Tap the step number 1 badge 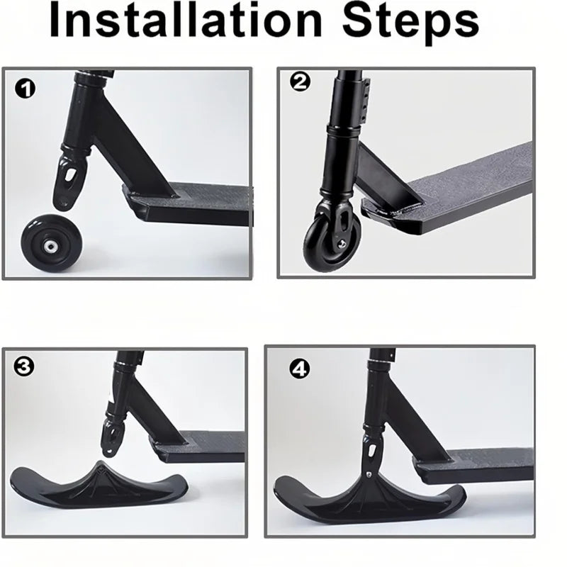[26, 89]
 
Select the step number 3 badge [24, 366]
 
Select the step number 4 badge [299, 369]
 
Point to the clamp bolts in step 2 [369, 99]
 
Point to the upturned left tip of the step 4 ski [282, 484]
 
